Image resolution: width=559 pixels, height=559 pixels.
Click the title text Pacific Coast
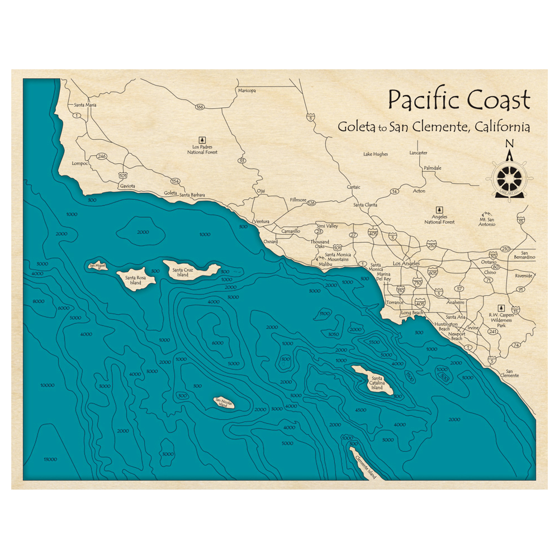pyautogui.click(x=459, y=101)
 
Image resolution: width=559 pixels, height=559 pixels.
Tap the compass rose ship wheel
pyautogui.click(x=509, y=178)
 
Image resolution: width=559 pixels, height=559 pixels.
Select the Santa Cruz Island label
pyautogui.click(x=183, y=272)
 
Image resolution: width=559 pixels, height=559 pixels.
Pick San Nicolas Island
pyautogui.click(x=225, y=401)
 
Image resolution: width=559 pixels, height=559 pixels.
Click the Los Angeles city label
pyautogui.click(x=406, y=263)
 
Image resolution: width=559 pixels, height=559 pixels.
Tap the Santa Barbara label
pyautogui.click(x=192, y=195)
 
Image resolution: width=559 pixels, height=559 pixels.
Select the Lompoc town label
pyautogui.click(x=80, y=164)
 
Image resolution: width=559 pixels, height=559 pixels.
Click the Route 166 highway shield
pyautogui.click(x=200, y=106)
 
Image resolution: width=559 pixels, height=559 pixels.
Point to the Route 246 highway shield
pyautogui.click(x=101, y=156)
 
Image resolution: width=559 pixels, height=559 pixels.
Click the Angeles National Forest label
pyautogui.click(x=439, y=219)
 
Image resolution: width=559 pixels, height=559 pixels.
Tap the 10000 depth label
pyautogui.click(x=48, y=385)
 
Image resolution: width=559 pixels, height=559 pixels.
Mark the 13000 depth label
pyautogui.click(x=50, y=459)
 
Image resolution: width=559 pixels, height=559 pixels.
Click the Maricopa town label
pyautogui.click(x=247, y=91)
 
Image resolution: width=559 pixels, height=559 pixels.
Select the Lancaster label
pyautogui.click(x=418, y=153)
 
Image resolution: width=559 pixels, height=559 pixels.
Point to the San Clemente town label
pyautogui.click(x=509, y=373)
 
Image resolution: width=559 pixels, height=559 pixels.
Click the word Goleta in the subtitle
pyautogui.click(x=357, y=127)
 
